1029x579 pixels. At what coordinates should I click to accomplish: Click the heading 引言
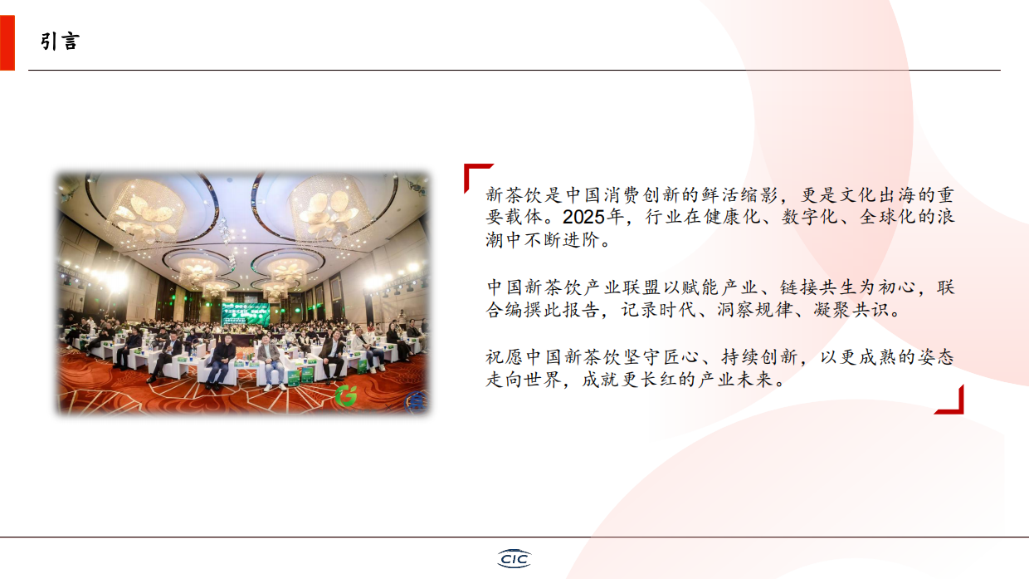coord(60,42)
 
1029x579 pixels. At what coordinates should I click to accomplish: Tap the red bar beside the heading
coord(7,42)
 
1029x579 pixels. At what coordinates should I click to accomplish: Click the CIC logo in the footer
coord(514,558)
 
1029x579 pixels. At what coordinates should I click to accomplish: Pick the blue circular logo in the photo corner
coord(417,401)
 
